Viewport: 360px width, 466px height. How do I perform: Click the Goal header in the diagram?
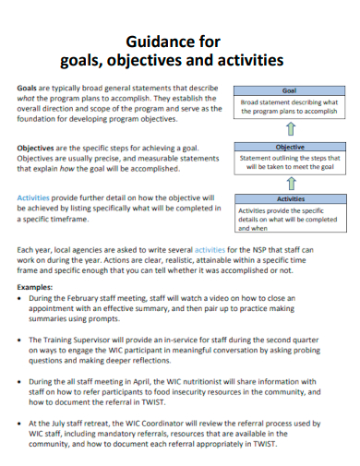[289, 91]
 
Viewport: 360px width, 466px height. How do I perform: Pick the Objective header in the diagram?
[290, 147]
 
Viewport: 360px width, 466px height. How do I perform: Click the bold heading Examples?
[40, 287]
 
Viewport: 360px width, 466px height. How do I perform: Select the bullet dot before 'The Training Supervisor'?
[20, 340]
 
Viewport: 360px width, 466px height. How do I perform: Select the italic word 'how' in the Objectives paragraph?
[80, 167]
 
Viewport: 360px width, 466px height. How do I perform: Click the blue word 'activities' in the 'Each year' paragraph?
[209, 249]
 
